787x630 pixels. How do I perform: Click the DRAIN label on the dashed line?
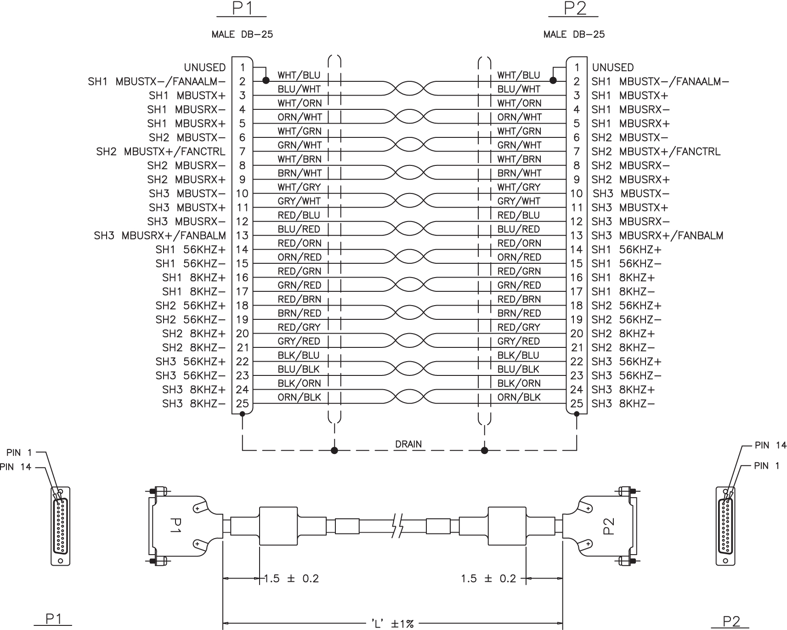click(408, 444)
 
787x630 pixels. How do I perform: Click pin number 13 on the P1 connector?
click(242, 236)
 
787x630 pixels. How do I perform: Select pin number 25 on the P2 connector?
click(577, 404)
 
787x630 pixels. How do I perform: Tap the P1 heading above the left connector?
click(241, 9)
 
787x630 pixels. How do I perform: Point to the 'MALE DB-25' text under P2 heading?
click(574, 34)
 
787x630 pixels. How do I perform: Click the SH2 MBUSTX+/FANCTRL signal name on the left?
click(161, 152)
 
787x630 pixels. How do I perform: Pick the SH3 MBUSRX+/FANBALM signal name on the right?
click(657, 236)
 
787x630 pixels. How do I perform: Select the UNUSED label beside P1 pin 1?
click(205, 68)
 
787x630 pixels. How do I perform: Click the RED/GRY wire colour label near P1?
click(299, 327)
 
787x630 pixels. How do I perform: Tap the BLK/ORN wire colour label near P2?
click(519, 383)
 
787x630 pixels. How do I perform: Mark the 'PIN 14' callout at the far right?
click(770, 445)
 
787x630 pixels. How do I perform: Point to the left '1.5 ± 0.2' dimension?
click(291, 579)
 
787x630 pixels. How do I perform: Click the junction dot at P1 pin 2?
click(266, 80)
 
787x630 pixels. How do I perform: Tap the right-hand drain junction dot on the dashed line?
click(484, 450)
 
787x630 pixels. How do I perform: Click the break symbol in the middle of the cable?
click(398, 526)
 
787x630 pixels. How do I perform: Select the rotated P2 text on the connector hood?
click(607, 527)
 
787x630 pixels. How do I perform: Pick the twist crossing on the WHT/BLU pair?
click(409, 88)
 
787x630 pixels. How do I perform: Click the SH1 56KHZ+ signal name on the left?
click(191, 250)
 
